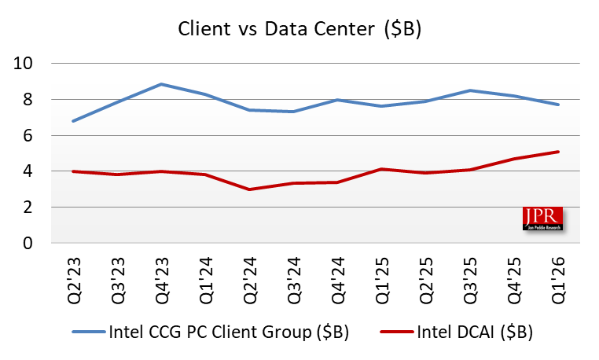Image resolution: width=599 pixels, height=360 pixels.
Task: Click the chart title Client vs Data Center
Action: [299, 30]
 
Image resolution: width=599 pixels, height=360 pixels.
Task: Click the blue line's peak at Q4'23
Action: [161, 84]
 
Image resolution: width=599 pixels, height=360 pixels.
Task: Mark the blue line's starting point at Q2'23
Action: [73, 121]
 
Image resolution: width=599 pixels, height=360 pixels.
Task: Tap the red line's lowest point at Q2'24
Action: [249, 189]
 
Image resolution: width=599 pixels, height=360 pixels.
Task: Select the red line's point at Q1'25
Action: [381, 169]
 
